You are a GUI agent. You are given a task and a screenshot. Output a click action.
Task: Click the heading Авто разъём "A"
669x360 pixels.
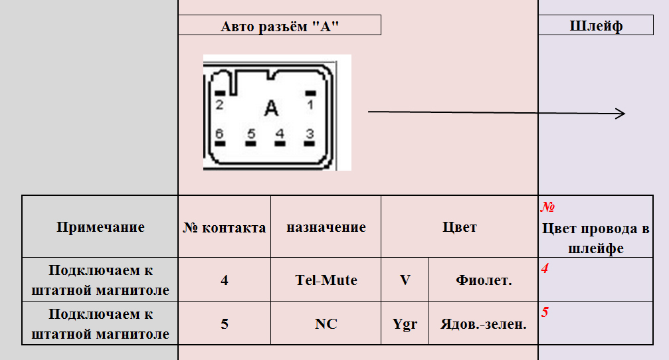pyautogui.click(x=280, y=25)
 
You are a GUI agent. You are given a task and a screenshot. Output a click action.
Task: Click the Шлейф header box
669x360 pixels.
pyautogui.click(x=596, y=25)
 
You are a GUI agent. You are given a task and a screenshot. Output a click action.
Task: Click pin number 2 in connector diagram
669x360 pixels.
pyautogui.click(x=219, y=104)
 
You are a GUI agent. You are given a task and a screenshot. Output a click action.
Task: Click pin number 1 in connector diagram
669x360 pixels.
pyautogui.click(x=310, y=104)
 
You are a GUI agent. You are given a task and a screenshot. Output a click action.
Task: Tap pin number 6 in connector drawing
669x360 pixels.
pyautogui.click(x=220, y=134)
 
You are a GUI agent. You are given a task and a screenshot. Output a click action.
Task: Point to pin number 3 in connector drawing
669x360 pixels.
pyautogui.click(x=310, y=134)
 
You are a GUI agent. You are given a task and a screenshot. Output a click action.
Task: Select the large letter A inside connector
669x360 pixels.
pyautogui.click(x=270, y=108)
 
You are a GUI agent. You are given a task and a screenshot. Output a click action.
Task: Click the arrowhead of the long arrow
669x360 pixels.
pyautogui.click(x=621, y=114)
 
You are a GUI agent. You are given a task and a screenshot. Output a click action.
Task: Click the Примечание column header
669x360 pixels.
pyautogui.click(x=100, y=227)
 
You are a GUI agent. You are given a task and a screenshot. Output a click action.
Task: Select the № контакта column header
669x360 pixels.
pyautogui.click(x=225, y=227)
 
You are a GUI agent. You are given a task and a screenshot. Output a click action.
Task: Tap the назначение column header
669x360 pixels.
pyautogui.click(x=326, y=227)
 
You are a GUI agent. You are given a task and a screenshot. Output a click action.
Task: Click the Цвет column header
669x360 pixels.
pyautogui.click(x=460, y=227)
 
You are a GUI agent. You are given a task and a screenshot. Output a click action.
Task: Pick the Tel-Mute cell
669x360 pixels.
pyautogui.click(x=326, y=280)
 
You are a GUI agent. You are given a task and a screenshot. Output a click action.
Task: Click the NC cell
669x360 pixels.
pyautogui.click(x=326, y=324)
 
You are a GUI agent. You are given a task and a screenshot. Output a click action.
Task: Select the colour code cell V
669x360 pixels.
pyautogui.click(x=405, y=280)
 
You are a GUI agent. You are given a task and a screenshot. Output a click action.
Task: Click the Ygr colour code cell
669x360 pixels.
pyautogui.click(x=405, y=324)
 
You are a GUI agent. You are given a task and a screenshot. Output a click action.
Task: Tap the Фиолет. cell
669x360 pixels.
pyautogui.click(x=484, y=280)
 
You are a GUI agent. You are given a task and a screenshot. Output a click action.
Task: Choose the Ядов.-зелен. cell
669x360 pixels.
pyautogui.click(x=484, y=324)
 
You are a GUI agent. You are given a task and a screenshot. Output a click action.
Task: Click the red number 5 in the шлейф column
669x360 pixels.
pyautogui.click(x=545, y=312)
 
